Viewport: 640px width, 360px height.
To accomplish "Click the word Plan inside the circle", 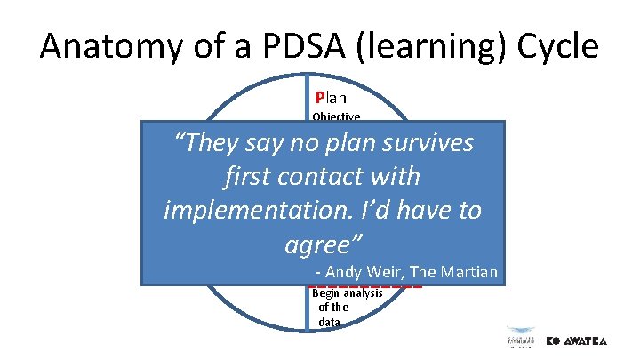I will pyautogui.click(x=331, y=98).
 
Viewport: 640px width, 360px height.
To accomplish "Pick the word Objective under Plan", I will pyautogui.click(x=336, y=116).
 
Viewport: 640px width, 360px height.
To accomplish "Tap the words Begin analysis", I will pyautogui.click(x=348, y=293).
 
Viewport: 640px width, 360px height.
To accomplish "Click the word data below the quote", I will pyautogui.click(x=329, y=322).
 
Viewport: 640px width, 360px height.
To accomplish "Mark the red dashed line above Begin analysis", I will pyautogui.click(x=366, y=286).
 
